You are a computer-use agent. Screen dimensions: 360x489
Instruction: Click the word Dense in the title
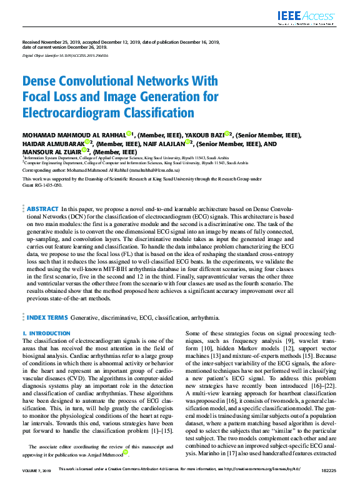point(41,81)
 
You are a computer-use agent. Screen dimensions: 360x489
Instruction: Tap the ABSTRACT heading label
point(42,209)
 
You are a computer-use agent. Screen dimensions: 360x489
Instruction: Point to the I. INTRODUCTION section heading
point(46,334)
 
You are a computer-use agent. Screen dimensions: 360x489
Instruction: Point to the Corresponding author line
point(101,170)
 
